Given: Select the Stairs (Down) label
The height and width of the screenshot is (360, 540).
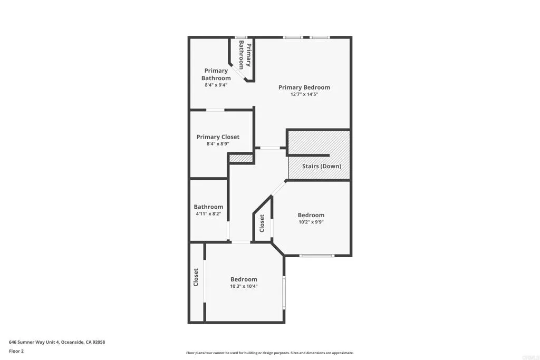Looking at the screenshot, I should coord(321,167).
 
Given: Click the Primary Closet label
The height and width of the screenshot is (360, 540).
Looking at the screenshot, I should coord(218,137).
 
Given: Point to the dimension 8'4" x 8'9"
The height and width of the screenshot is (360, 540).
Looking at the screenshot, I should coord(218,144).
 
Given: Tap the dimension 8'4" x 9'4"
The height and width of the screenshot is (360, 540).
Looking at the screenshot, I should coord(216,85).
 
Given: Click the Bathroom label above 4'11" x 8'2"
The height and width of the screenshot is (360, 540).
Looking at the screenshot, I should coord(208,207).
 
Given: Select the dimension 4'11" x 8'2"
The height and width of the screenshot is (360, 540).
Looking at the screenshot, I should coord(208,214).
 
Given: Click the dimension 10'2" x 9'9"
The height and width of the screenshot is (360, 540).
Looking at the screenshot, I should coord(311,222).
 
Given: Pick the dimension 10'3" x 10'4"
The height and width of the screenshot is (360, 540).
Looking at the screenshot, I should coord(244,287).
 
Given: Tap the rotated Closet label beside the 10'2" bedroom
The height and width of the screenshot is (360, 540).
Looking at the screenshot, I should coord(262,223).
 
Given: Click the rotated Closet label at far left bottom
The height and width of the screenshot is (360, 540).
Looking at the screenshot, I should coord(196,277).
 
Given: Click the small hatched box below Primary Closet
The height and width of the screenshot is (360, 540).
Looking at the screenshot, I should coord(240,158).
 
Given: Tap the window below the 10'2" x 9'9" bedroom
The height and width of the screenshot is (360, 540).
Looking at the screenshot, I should coord(316,256).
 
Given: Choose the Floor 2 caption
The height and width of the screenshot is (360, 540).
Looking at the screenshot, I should coord(16,351).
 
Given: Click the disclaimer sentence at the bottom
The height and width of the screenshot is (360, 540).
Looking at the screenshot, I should coord(269,353).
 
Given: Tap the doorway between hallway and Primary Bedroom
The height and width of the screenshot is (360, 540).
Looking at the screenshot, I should coord(270,148).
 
